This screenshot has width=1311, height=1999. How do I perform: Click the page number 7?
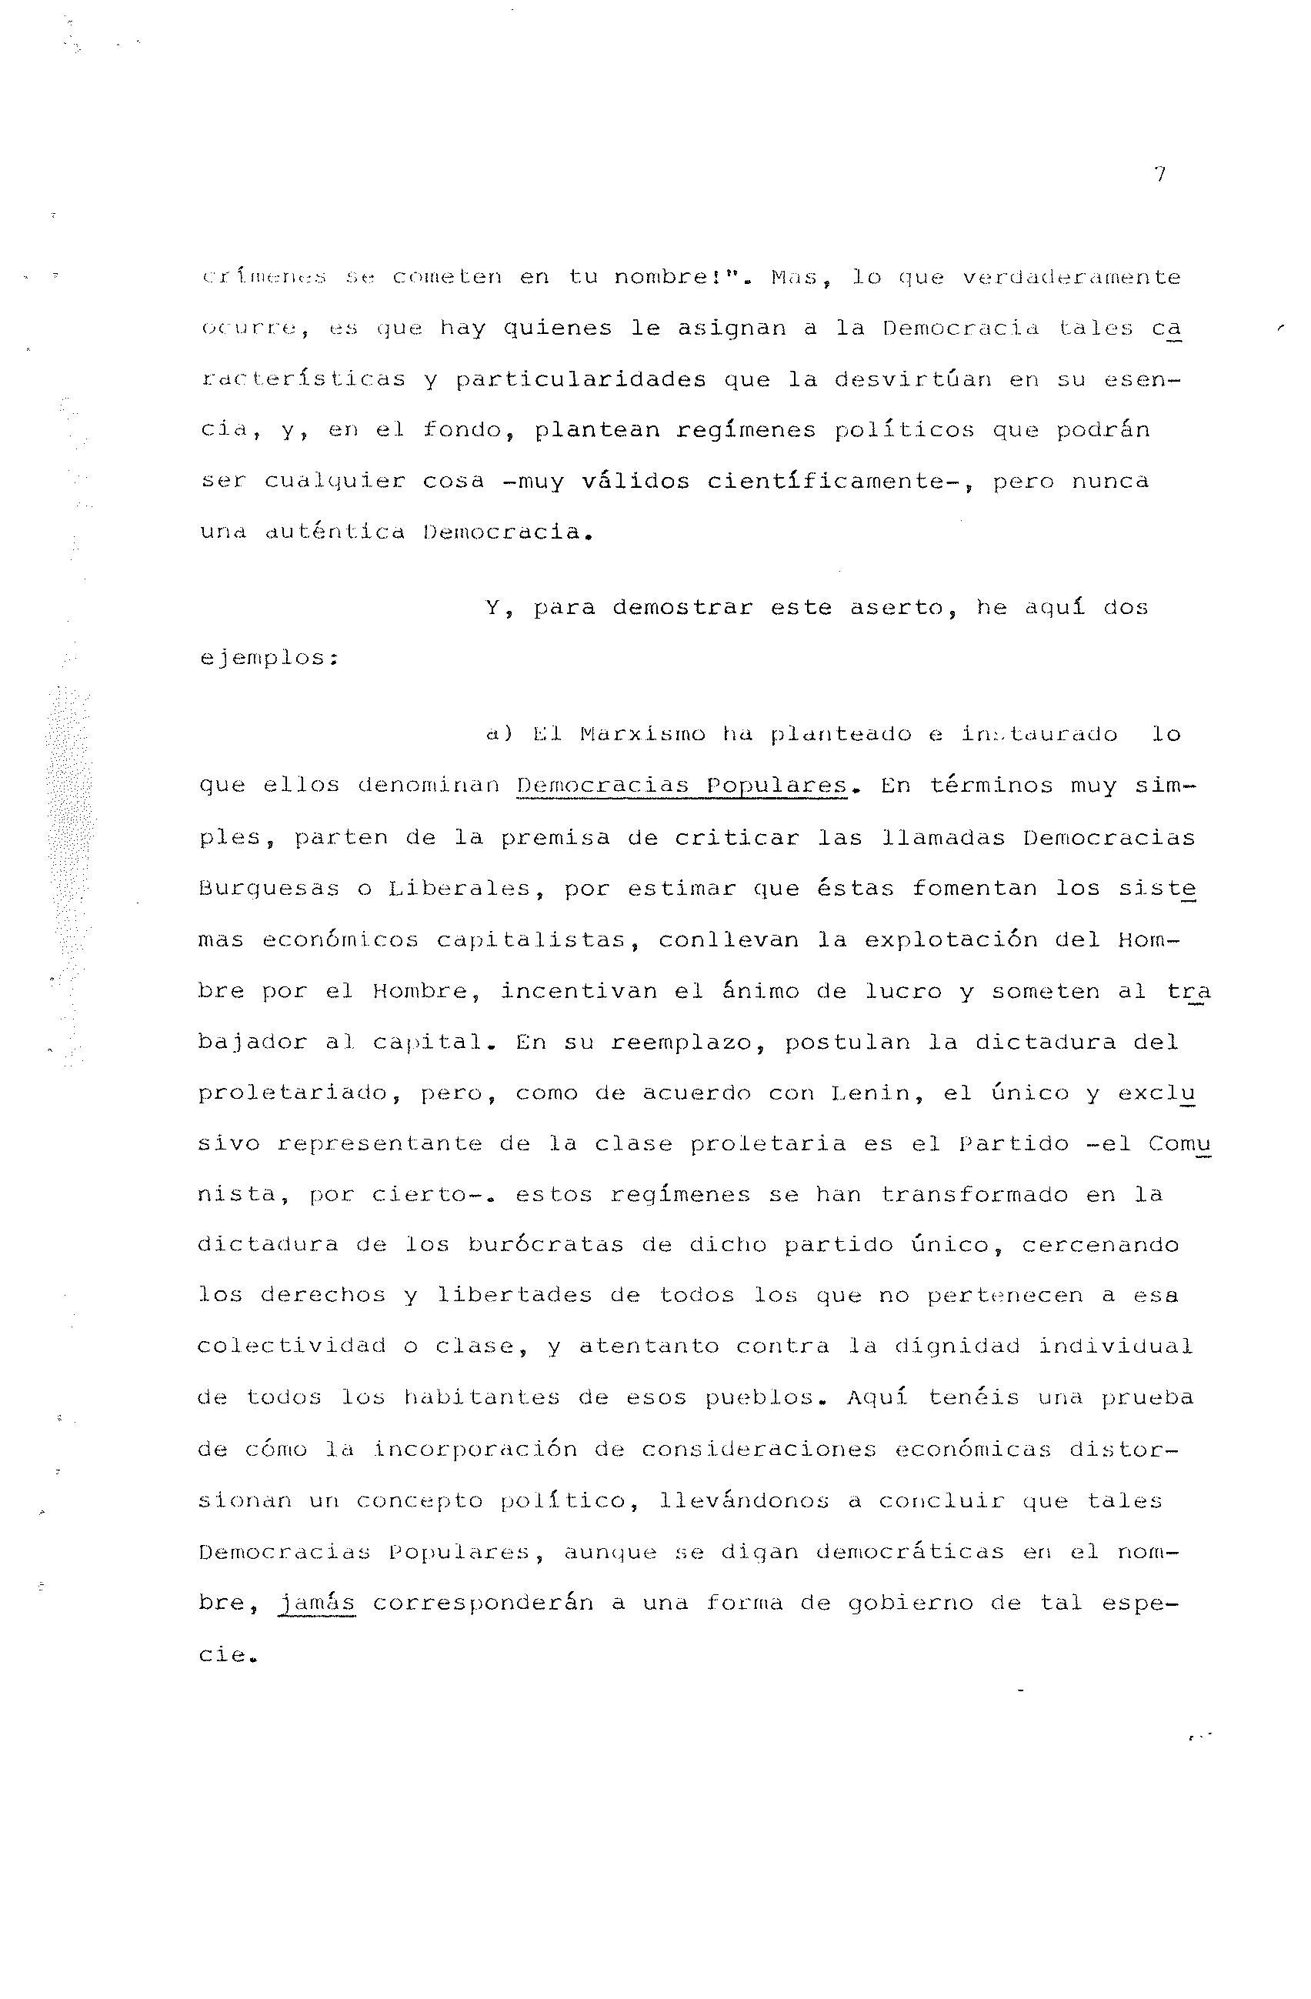pos(1159,175)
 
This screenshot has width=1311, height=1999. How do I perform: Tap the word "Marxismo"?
pos(642,735)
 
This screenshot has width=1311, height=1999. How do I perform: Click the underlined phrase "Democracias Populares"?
pos(682,786)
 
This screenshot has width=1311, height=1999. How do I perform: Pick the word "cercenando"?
pos(1100,1245)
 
